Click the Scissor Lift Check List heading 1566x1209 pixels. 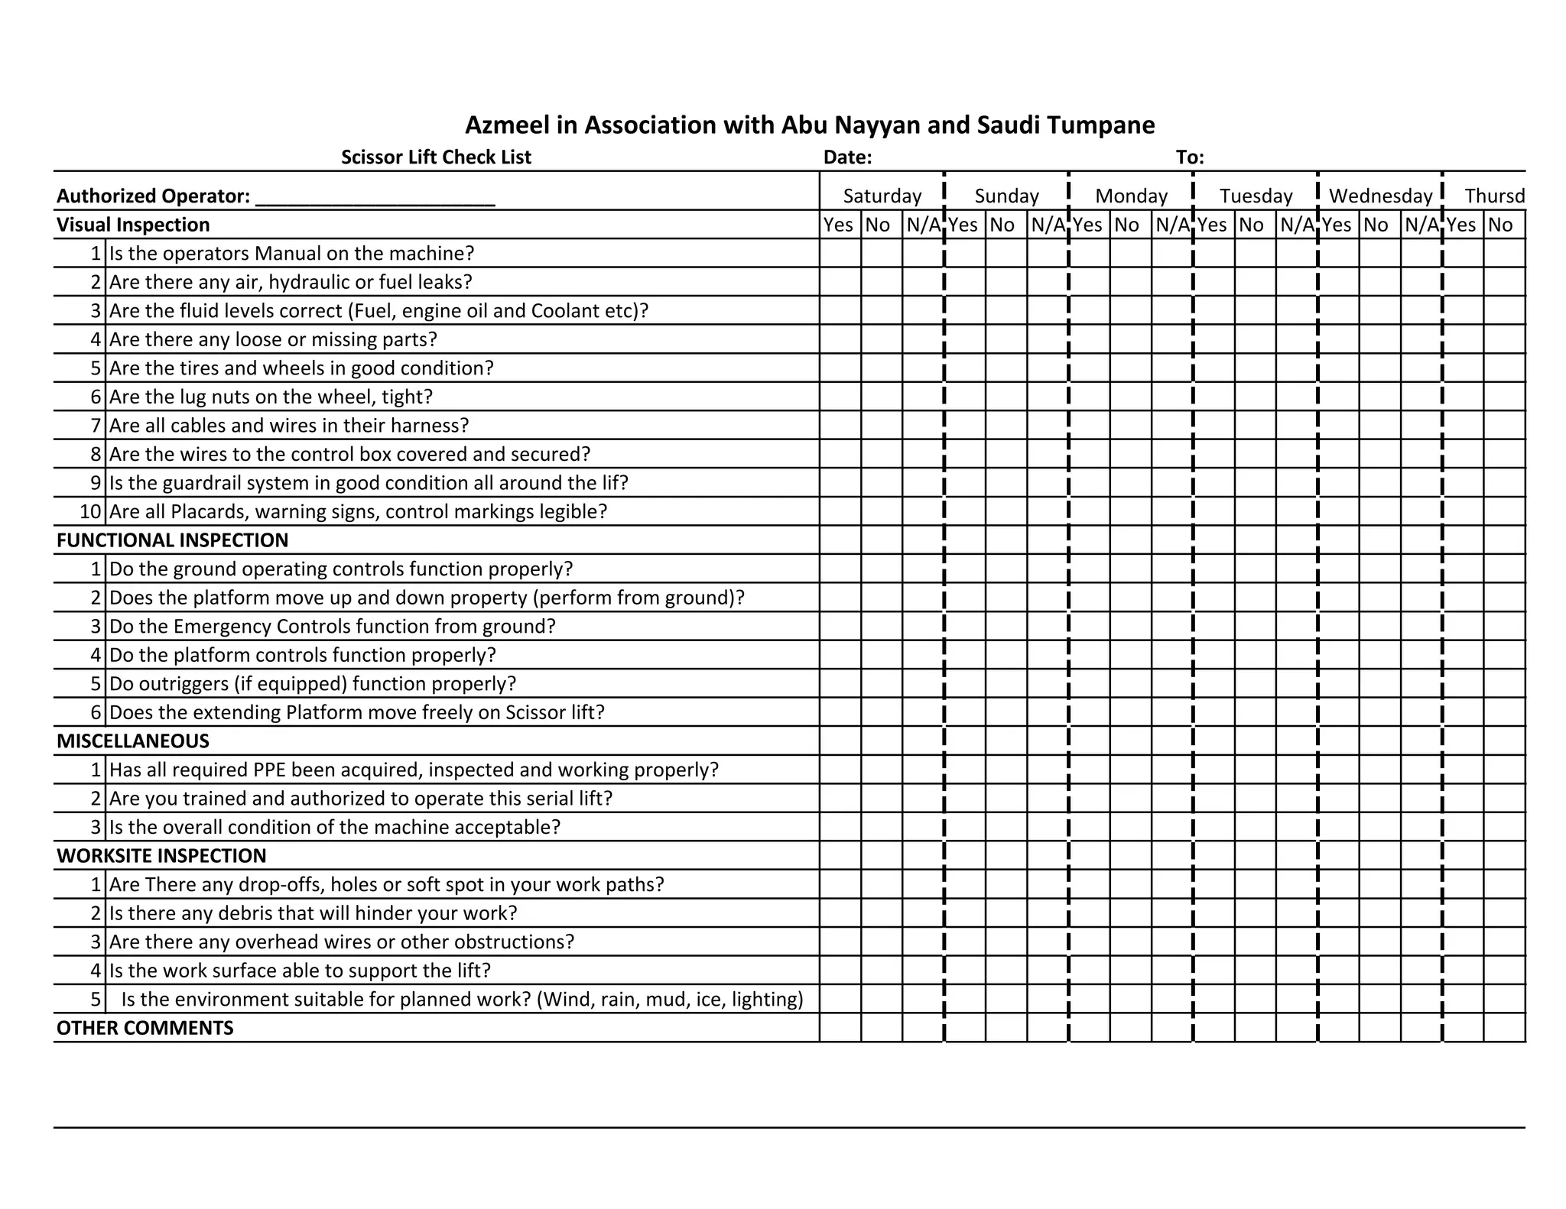436,157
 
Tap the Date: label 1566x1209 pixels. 847,157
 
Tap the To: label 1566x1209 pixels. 1190,157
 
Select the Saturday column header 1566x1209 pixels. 882,196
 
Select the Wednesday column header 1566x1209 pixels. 1380,196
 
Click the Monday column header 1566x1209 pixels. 1131,196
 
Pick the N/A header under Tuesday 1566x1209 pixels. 1296,225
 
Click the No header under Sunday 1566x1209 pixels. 1002,225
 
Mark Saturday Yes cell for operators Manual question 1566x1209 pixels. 840,253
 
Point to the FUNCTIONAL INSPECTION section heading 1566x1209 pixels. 172,540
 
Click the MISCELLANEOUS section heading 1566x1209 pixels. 132,741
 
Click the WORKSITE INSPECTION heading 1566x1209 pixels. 161,856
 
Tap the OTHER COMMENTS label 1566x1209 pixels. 145,1028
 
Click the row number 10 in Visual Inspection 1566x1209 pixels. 90,511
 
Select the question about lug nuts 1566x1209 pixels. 271,397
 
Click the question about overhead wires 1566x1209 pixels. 341,942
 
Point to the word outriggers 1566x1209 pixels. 187,684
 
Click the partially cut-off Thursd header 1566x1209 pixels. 1493,196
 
